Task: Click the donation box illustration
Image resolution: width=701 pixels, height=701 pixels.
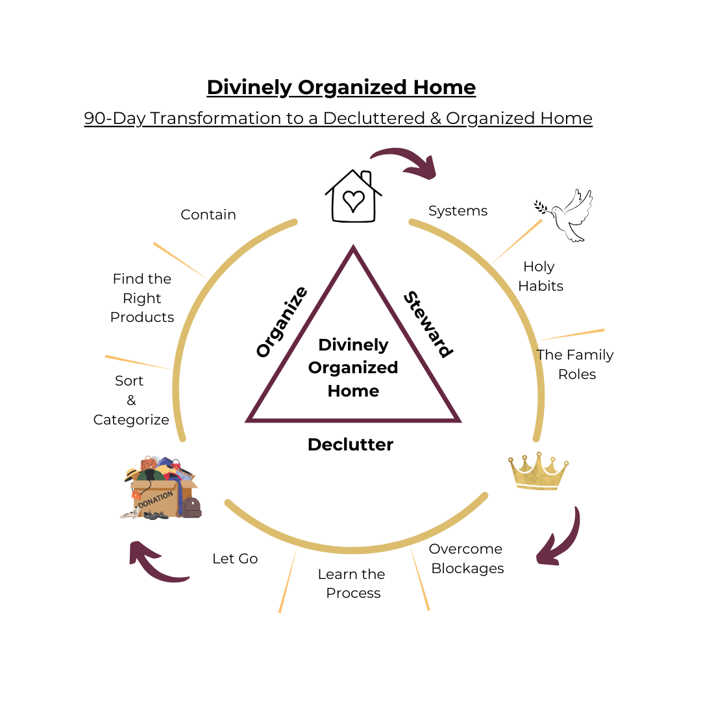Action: click(x=162, y=487)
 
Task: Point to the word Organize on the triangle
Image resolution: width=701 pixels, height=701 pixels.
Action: click(x=281, y=322)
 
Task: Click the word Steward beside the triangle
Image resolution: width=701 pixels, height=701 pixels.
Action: click(x=427, y=324)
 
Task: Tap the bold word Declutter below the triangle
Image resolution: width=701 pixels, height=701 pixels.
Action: click(x=350, y=445)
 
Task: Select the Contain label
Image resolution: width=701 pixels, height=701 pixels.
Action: click(x=208, y=215)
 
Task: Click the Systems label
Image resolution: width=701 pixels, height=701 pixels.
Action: click(x=458, y=211)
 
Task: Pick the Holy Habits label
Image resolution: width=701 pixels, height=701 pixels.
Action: click(x=540, y=276)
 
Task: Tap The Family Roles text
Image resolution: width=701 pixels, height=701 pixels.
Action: click(x=575, y=364)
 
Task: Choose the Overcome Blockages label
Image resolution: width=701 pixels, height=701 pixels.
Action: click(x=467, y=558)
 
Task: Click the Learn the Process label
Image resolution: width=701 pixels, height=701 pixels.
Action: click(x=352, y=584)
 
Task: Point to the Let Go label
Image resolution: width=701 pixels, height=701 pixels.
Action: click(x=235, y=558)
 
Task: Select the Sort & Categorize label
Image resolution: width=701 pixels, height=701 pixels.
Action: click(x=130, y=400)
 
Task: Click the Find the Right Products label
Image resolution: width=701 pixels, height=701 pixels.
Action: click(x=142, y=298)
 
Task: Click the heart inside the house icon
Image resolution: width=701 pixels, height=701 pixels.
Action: click(x=354, y=201)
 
